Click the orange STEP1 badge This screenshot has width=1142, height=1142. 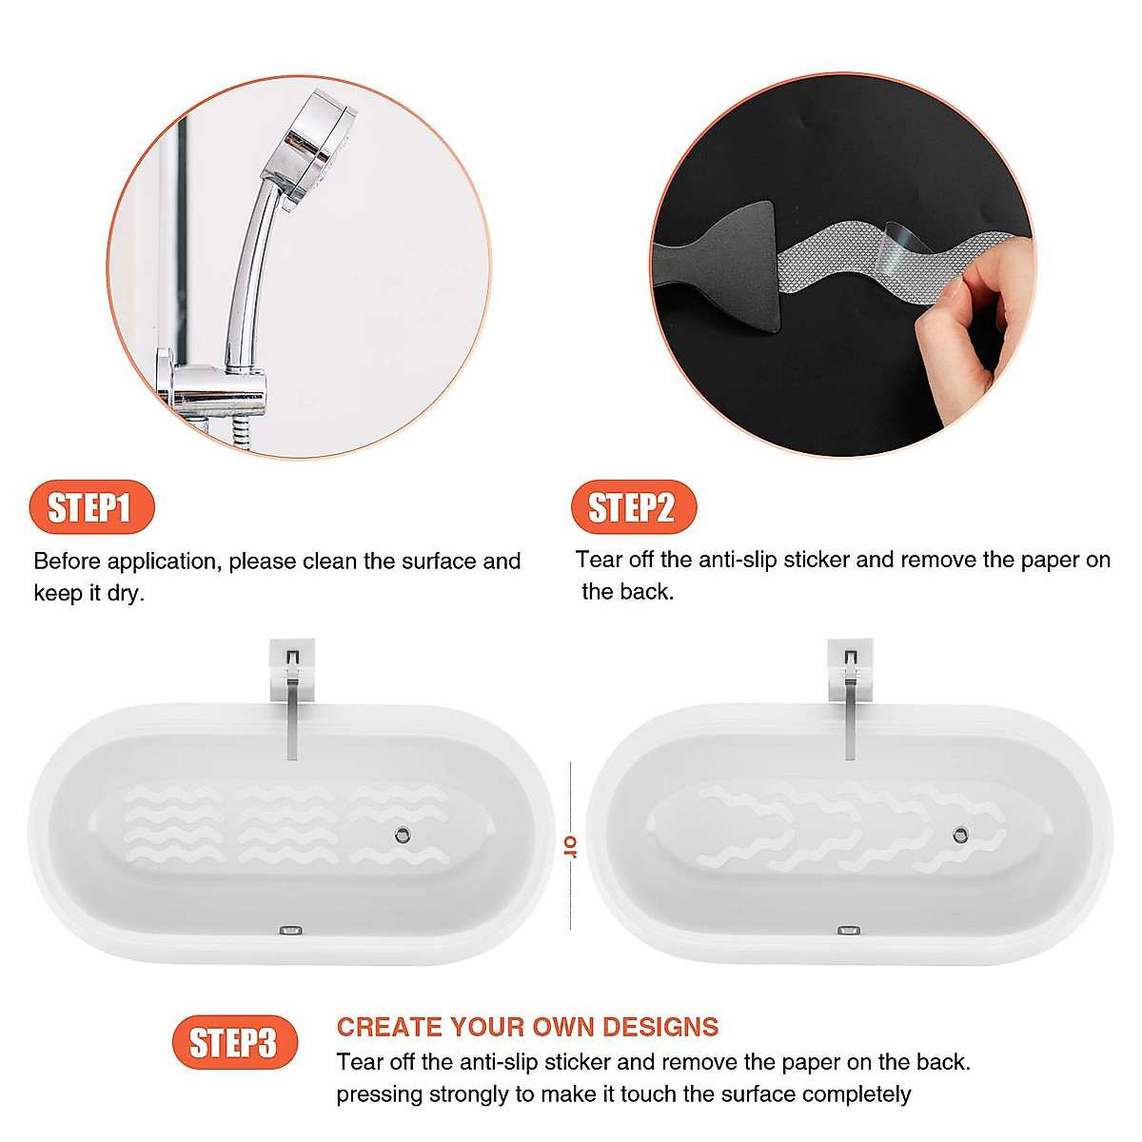pos(91,507)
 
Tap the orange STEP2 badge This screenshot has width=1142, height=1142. pos(633,507)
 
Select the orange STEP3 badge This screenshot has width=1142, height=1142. pos(234,1042)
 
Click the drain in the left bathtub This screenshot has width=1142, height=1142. pos(403,836)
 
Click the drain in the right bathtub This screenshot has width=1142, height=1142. pos(960,835)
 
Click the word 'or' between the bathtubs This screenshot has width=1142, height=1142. pos(571,845)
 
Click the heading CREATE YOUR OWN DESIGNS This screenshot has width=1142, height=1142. pos(527,1027)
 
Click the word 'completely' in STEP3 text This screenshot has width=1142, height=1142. pos(856,1094)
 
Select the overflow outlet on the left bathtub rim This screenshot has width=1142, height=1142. pos(290,930)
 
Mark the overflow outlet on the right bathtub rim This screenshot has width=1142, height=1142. pos(847,930)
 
